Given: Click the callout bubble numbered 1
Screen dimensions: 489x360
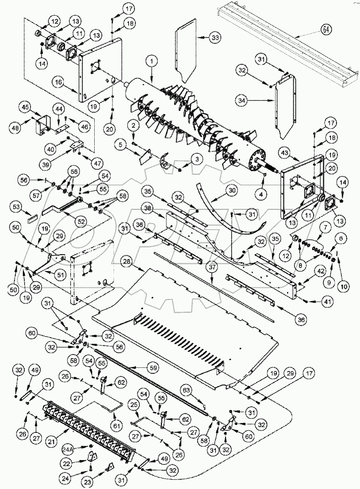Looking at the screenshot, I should pos(150,61).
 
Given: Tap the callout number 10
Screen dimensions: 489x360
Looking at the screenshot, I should pos(345,287).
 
